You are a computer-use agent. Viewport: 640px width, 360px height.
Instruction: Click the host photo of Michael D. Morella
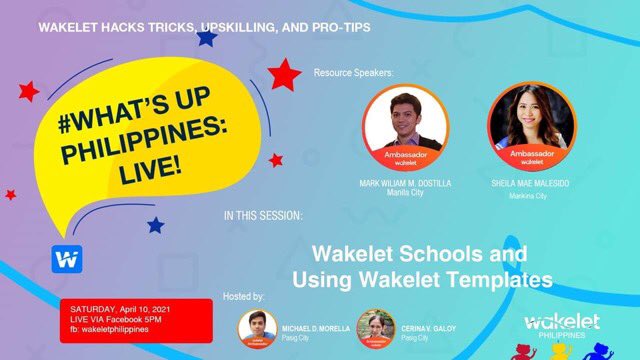257,327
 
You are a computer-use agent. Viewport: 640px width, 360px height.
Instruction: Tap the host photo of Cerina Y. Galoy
376,327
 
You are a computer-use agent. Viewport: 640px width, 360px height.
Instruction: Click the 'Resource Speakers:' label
354,74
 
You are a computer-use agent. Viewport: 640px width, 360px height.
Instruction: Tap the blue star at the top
207,38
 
